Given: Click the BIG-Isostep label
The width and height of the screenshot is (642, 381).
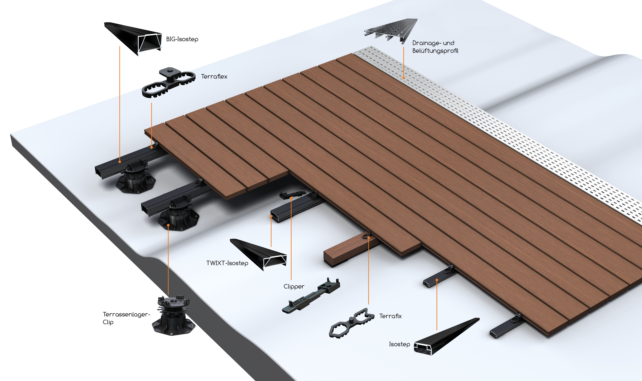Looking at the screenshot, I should [x=182, y=39].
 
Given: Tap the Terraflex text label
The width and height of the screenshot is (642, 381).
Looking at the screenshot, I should [x=214, y=77].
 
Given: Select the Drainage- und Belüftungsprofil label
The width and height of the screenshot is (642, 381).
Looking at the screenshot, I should [x=435, y=47].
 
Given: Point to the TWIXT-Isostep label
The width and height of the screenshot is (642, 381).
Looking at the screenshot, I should [x=227, y=263].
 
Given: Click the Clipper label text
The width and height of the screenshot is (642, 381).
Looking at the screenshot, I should [x=294, y=287].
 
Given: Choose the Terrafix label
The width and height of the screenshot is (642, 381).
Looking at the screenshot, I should [x=390, y=316].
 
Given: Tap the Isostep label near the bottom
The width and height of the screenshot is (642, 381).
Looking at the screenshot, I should [x=399, y=344].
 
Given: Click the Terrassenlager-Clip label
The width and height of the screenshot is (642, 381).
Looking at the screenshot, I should [x=126, y=318].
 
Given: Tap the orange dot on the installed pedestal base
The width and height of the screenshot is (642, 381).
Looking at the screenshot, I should [x=168, y=225].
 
